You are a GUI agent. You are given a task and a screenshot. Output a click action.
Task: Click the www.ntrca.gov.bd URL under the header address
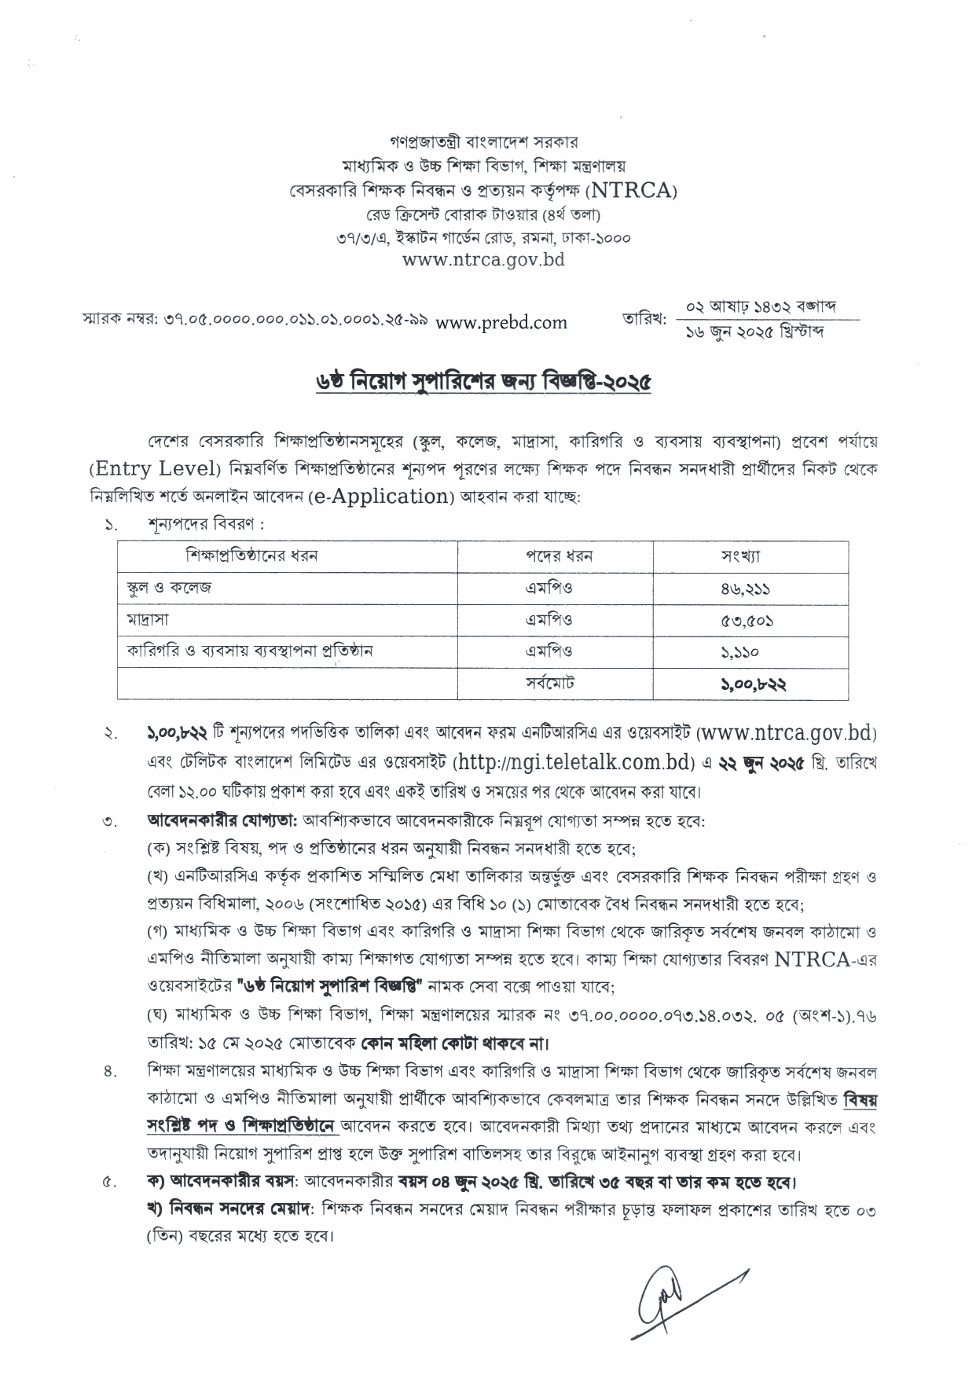pyautogui.click(x=483, y=259)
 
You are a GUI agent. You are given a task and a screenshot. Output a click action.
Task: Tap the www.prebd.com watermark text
pyautogui.click(x=501, y=321)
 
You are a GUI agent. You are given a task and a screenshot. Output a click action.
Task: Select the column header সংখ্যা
pyautogui.click(x=740, y=556)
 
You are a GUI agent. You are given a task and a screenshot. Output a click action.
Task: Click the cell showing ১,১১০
pyautogui.click(x=740, y=651)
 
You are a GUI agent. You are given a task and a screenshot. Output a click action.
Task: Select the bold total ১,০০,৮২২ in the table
pyautogui.click(x=753, y=684)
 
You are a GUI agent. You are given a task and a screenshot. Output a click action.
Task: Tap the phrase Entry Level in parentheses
pyautogui.click(x=154, y=469)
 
